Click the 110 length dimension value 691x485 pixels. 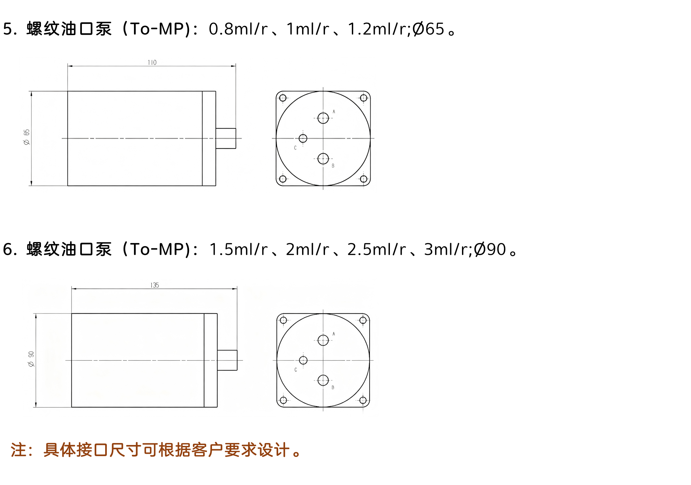click(x=152, y=62)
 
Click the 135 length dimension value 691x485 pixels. click(x=155, y=285)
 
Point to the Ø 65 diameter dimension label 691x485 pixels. click(x=27, y=137)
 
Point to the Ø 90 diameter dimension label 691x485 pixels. click(x=31, y=359)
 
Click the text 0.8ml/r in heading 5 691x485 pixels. click(x=238, y=29)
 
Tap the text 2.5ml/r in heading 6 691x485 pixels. click(x=376, y=249)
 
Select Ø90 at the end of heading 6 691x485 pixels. click(x=490, y=249)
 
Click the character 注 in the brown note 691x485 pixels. click(x=18, y=450)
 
